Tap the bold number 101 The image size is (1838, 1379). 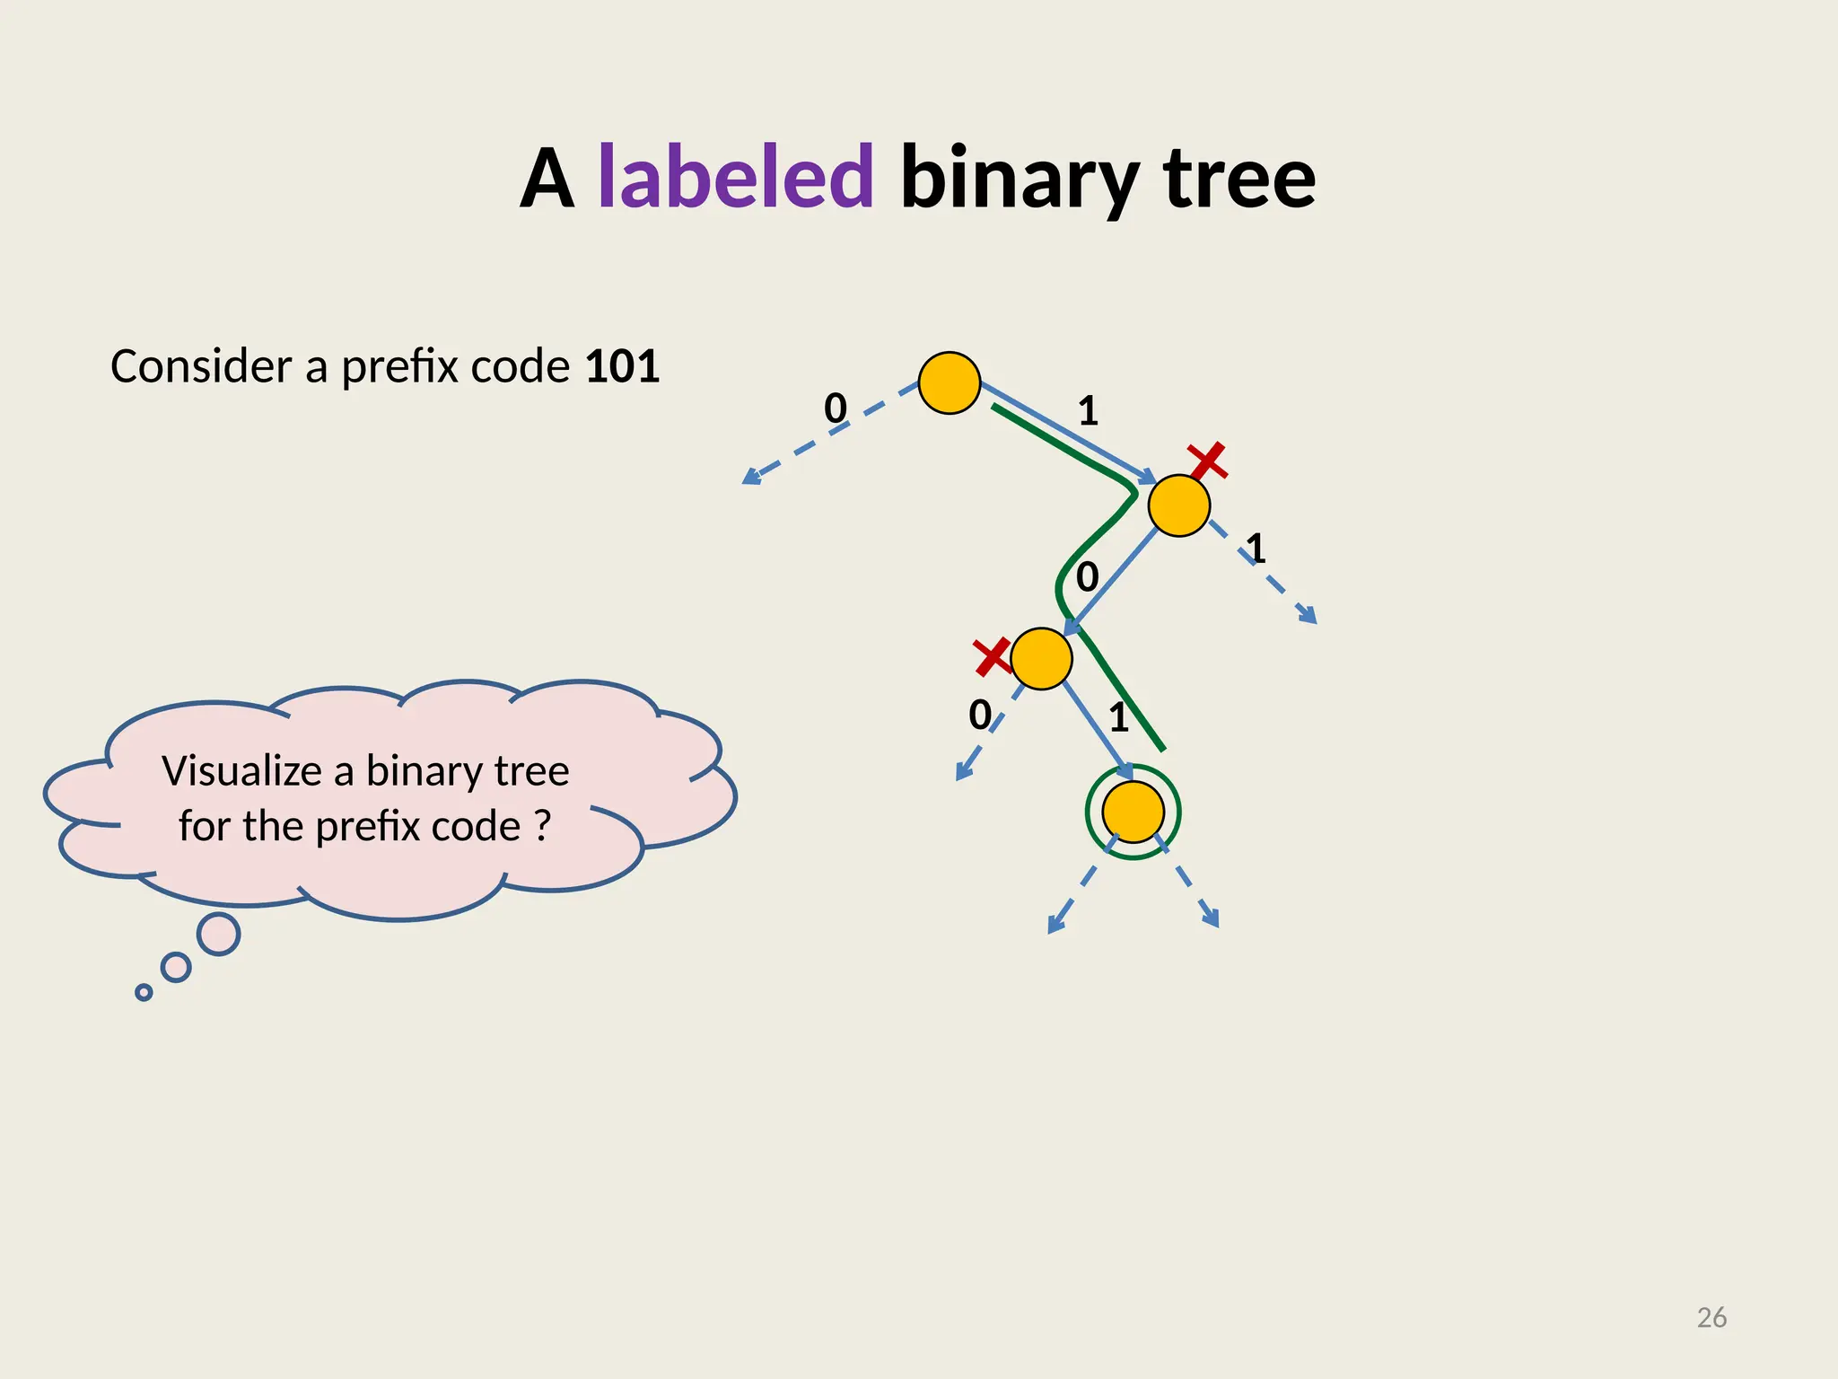pyautogui.click(x=622, y=366)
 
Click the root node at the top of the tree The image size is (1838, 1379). pyautogui.click(x=949, y=383)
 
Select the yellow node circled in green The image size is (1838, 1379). pyautogui.click(x=1133, y=812)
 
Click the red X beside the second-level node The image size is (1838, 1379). pyautogui.click(x=1207, y=461)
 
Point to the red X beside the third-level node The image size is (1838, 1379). pyautogui.click(x=993, y=657)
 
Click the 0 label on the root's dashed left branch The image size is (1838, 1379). pyautogui.click(x=836, y=408)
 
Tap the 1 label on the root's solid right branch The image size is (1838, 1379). pyautogui.click(x=1088, y=411)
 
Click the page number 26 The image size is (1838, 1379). pyautogui.click(x=1711, y=1317)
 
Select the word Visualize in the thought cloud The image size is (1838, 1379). pyautogui.click(x=241, y=771)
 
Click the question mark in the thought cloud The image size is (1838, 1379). pyautogui.click(x=541, y=826)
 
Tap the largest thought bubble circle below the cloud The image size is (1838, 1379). pyautogui.click(x=218, y=935)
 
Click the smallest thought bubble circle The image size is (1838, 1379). pyautogui.click(x=144, y=992)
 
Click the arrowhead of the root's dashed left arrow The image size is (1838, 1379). pyautogui.click(x=750, y=478)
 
